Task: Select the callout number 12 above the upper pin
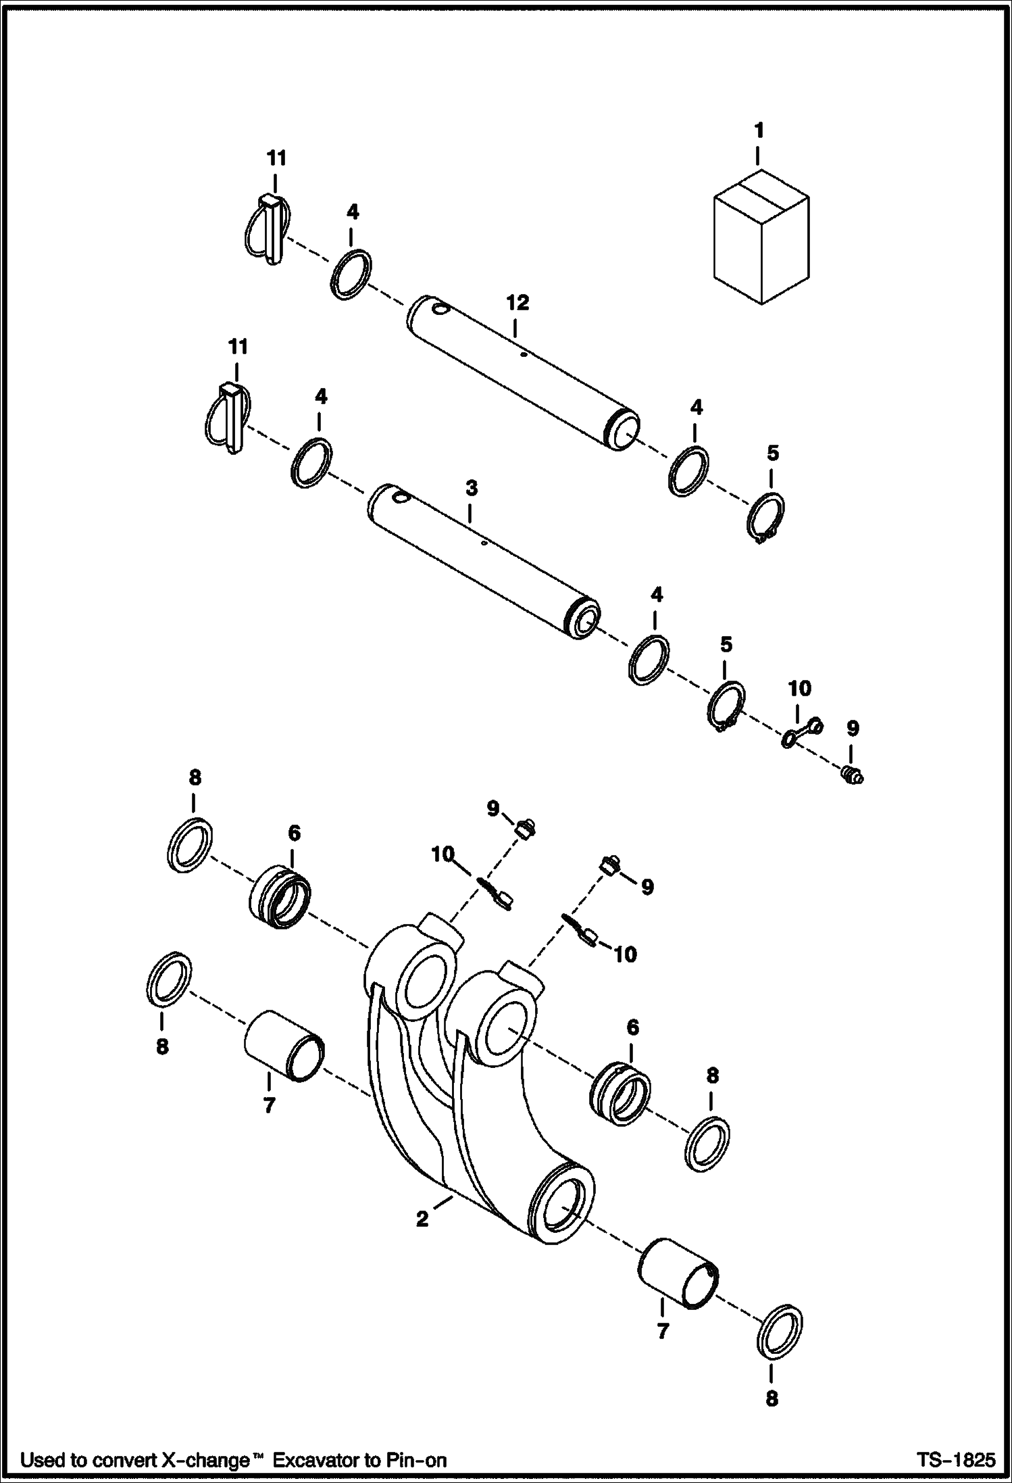517,303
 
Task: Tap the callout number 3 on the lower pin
472,488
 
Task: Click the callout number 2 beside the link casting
422,1219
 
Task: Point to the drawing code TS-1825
955,1459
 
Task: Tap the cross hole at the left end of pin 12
440,310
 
